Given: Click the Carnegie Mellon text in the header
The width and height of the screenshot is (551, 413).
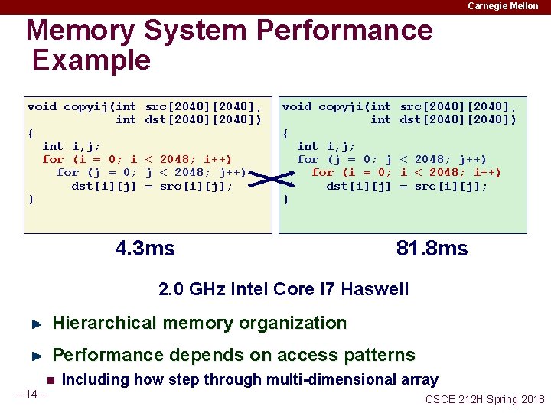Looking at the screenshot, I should point(503,6).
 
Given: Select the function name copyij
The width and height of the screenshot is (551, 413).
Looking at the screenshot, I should point(88,106).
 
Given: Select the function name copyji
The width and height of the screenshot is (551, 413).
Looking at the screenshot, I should point(344,106).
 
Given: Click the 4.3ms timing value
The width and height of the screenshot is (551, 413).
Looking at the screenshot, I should point(145,249).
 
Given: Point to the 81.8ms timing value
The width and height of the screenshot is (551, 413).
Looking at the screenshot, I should point(432,249).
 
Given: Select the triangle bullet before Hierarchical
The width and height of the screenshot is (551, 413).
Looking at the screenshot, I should point(35,324).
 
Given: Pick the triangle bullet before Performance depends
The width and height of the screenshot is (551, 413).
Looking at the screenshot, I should point(35,356).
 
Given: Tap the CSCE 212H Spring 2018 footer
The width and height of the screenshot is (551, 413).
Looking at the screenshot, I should point(484,399).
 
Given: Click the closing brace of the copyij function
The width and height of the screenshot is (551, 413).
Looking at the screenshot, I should point(31,200).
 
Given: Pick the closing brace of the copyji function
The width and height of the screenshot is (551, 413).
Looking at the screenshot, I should point(285,200).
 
